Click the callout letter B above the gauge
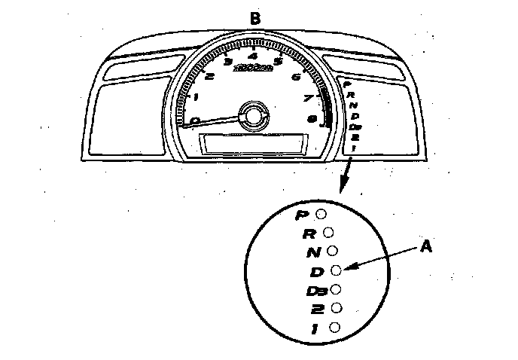(255, 19)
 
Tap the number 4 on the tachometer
(253, 56)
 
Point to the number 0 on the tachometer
(196, 120)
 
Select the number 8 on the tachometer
(311, 117)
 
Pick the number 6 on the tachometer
(296, 76)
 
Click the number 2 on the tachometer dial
(209, 76)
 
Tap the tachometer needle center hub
(250, 114)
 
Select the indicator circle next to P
(321, 214)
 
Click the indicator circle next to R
(328, 233)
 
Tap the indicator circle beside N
(332, 250)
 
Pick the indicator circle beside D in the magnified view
(336, 269)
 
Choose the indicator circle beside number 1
(334, 327)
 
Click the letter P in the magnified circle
(302, 215)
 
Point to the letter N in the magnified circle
(312, 252)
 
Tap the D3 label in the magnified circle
(315, 290)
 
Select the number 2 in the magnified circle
(317, 309)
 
